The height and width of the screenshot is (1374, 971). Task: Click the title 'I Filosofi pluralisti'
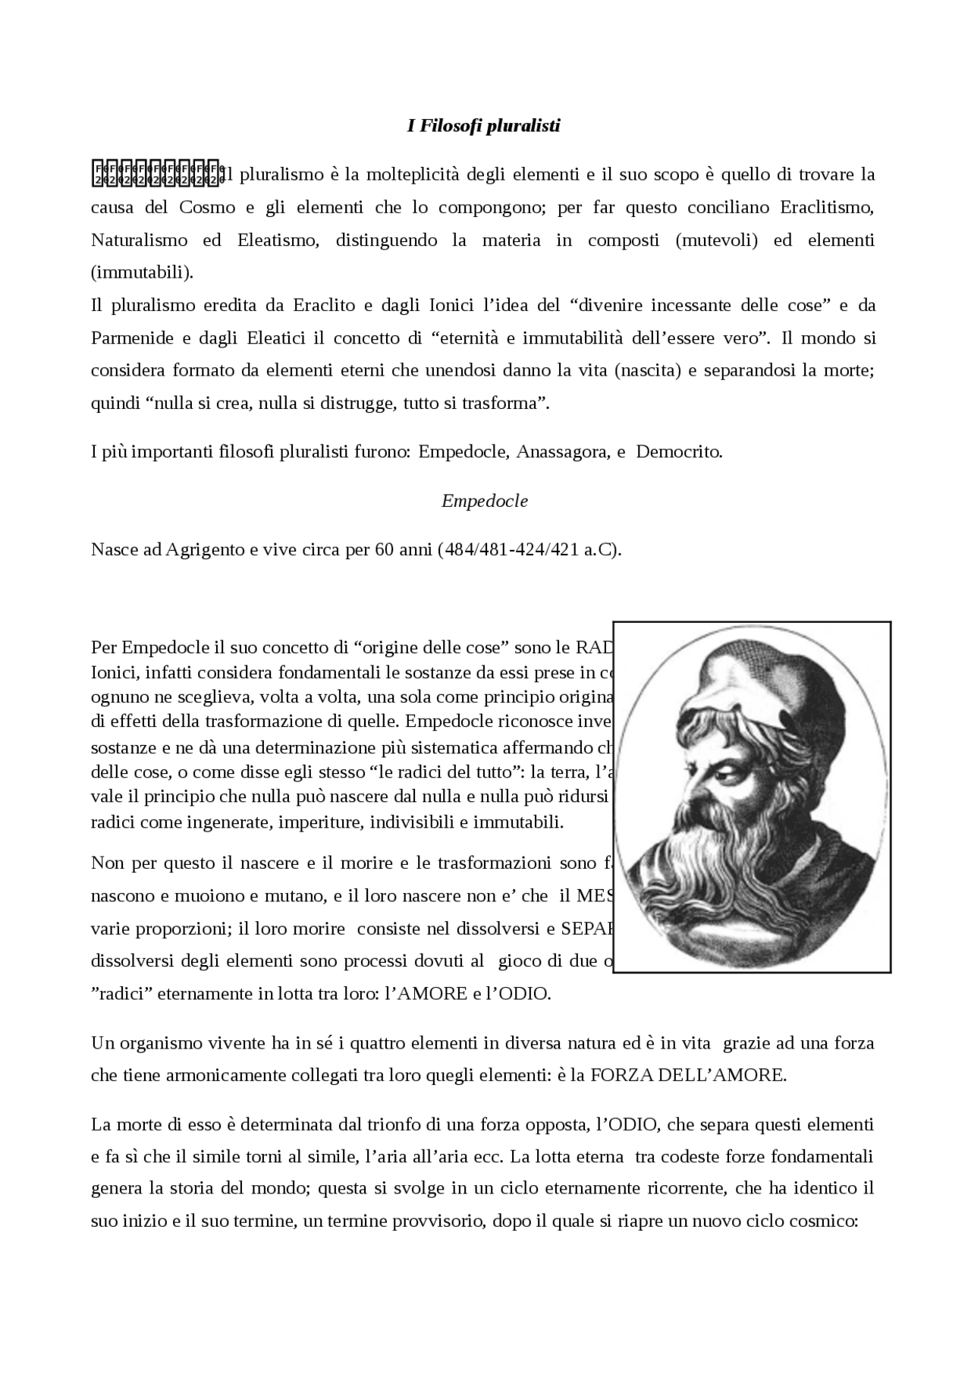[484, 126]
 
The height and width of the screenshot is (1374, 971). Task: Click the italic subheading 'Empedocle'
[485, 501]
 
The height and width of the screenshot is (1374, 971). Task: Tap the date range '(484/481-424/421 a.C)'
[529, 550]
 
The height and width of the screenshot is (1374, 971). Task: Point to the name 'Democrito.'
[679, 452]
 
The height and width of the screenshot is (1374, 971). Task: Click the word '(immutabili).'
[142, 272]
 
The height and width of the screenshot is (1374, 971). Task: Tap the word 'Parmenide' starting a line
[127, 338]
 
